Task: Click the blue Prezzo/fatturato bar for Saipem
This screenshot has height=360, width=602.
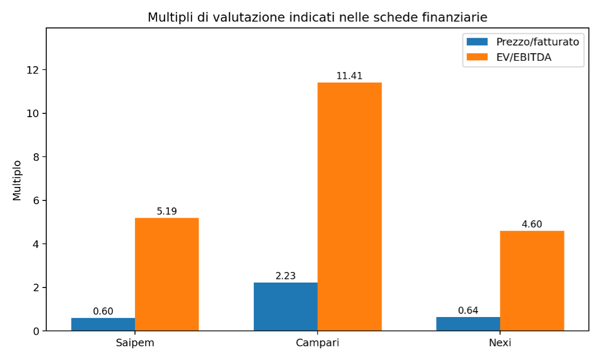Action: click(x=103, y=325)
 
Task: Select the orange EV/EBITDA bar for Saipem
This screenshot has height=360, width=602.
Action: click(x=167, y=275)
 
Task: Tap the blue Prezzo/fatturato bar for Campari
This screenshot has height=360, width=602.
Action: click(x=285, y=307)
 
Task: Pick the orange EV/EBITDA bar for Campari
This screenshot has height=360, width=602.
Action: click(x=350, y=206)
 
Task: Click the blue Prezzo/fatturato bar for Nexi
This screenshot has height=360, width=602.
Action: click(x=468, y=324)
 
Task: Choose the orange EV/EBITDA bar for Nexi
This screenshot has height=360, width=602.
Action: click(x=532, y=280)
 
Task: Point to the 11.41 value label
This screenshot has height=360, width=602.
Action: click(x=349, y=76)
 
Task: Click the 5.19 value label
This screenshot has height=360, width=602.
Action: click(x=167, y=211)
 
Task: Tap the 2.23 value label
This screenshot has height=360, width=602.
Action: click(x=285, y=276)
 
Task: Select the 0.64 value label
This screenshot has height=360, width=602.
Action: click(x=468, y=310)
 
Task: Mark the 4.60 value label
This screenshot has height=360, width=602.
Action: click(x=532, y=224)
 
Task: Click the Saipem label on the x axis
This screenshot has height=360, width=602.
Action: click(x=135, y=343)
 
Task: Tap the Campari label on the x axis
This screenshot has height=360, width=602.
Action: click(x=318, y=343)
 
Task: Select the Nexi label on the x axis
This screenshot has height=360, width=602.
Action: click(x=500, y=343)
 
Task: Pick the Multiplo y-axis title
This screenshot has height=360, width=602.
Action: click(x=17, y=181)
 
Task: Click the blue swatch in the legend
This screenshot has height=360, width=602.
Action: click(x=477, y=41)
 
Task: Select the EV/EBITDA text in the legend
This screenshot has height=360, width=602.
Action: click(x=524, y=57)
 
